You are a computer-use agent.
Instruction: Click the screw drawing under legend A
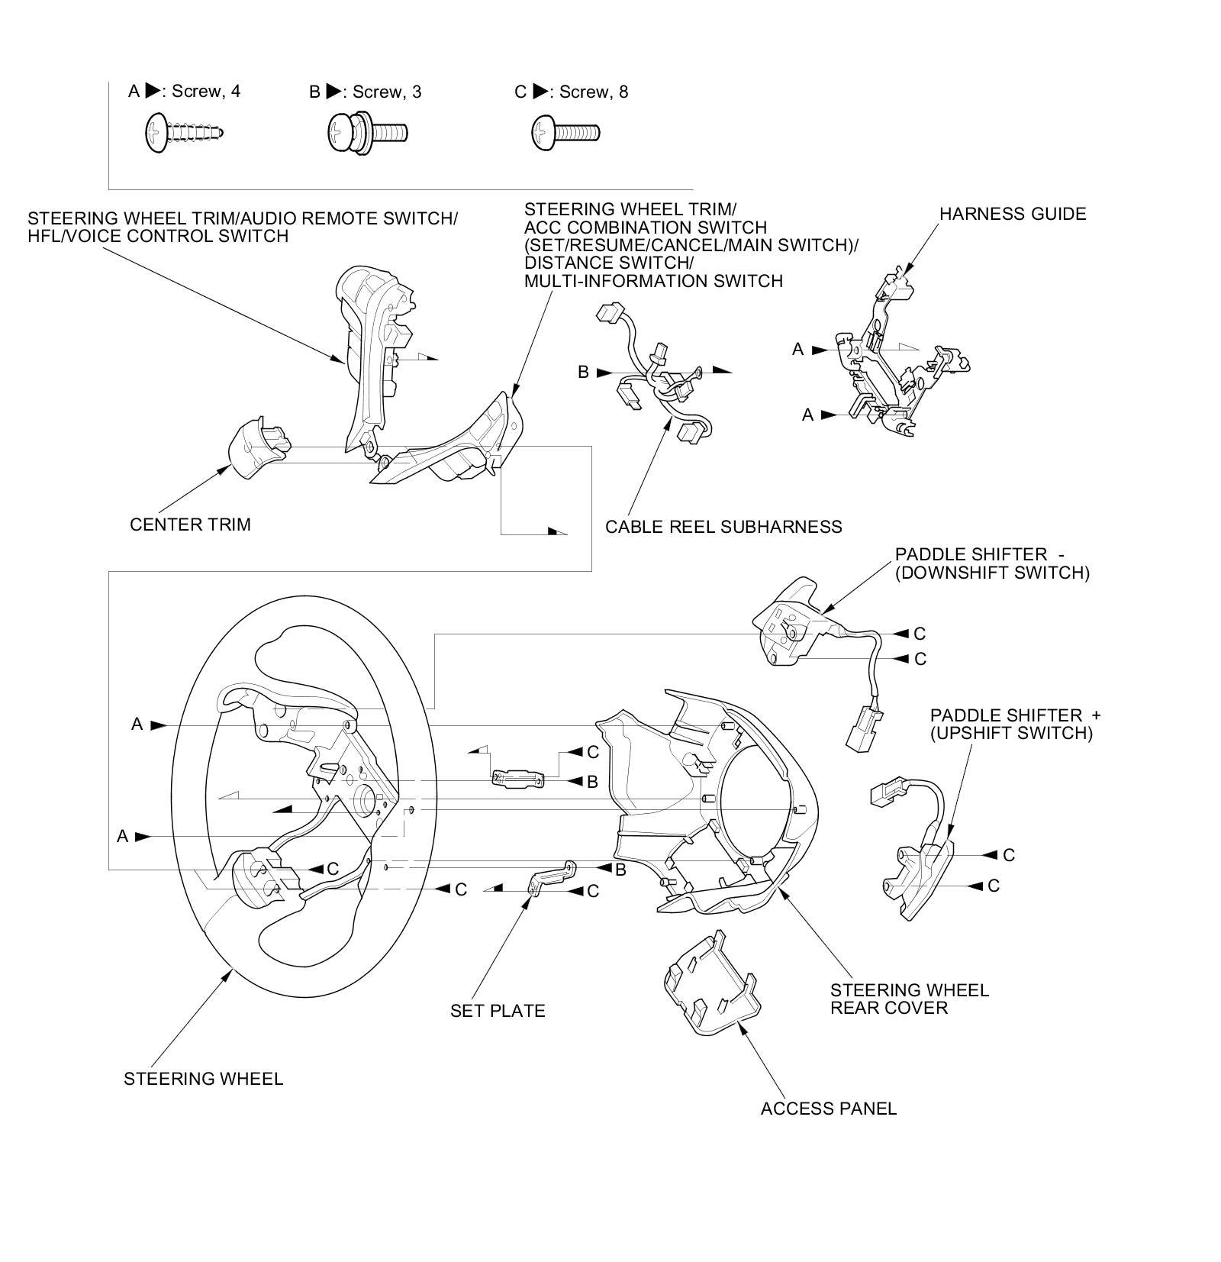click(x=184, y=133)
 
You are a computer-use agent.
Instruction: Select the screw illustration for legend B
click(x=368, y=133)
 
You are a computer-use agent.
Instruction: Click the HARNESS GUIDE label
click(x=1013, y=214)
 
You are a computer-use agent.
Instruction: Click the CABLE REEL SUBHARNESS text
click(x=723, y=527)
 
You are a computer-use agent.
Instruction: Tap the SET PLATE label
click(x=498, y=1011)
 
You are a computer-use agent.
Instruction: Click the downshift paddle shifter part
click(x=791, y=625)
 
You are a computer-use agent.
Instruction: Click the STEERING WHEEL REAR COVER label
click(x=910, y=999)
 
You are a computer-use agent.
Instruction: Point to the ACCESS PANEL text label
click(x=829, y=1109)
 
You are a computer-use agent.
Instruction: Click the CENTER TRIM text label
click(x=190, y=524)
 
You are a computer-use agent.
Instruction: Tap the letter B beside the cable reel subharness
click(x=583, y=373)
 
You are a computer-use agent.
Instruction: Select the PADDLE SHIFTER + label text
click(x=1016, y=715)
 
